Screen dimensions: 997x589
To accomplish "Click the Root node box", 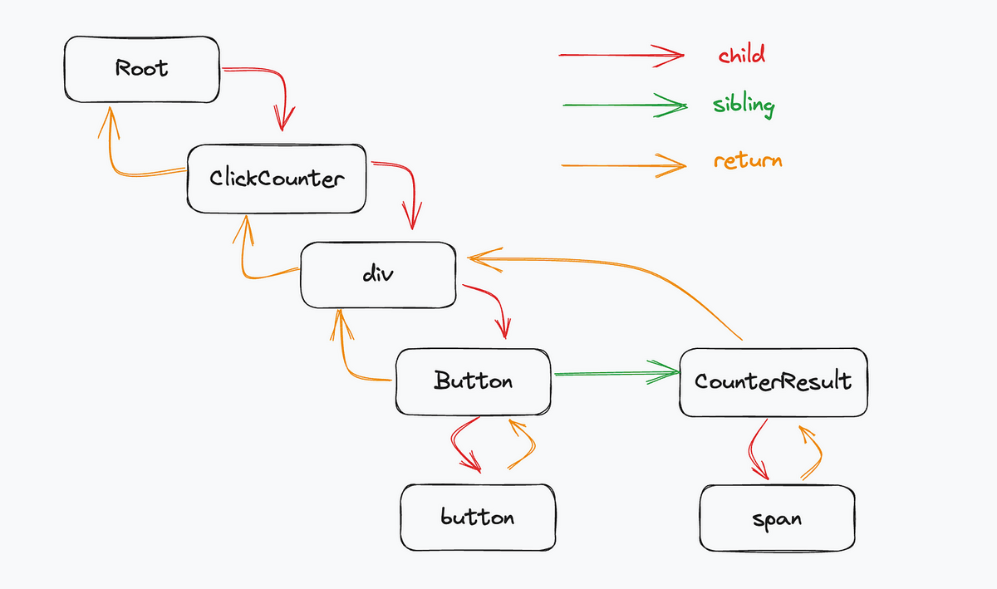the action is point(141,70).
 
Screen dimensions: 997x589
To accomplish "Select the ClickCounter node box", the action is point(277,179).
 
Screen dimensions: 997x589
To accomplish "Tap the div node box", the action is point(378,275).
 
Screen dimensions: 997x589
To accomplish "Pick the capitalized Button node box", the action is point(473,381).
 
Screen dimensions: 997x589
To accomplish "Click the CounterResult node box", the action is point(774,382).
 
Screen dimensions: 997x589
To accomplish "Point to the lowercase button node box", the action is point(478,518).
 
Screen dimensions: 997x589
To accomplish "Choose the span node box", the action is point(777,518).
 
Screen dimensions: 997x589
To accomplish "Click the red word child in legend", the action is point(741,54).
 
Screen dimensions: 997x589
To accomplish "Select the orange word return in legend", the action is point(748,160).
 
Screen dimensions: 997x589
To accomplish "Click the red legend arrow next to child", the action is point(621,55).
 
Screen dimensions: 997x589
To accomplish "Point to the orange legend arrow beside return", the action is point(624,165).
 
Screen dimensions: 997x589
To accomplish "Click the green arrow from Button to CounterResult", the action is point(616,373).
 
